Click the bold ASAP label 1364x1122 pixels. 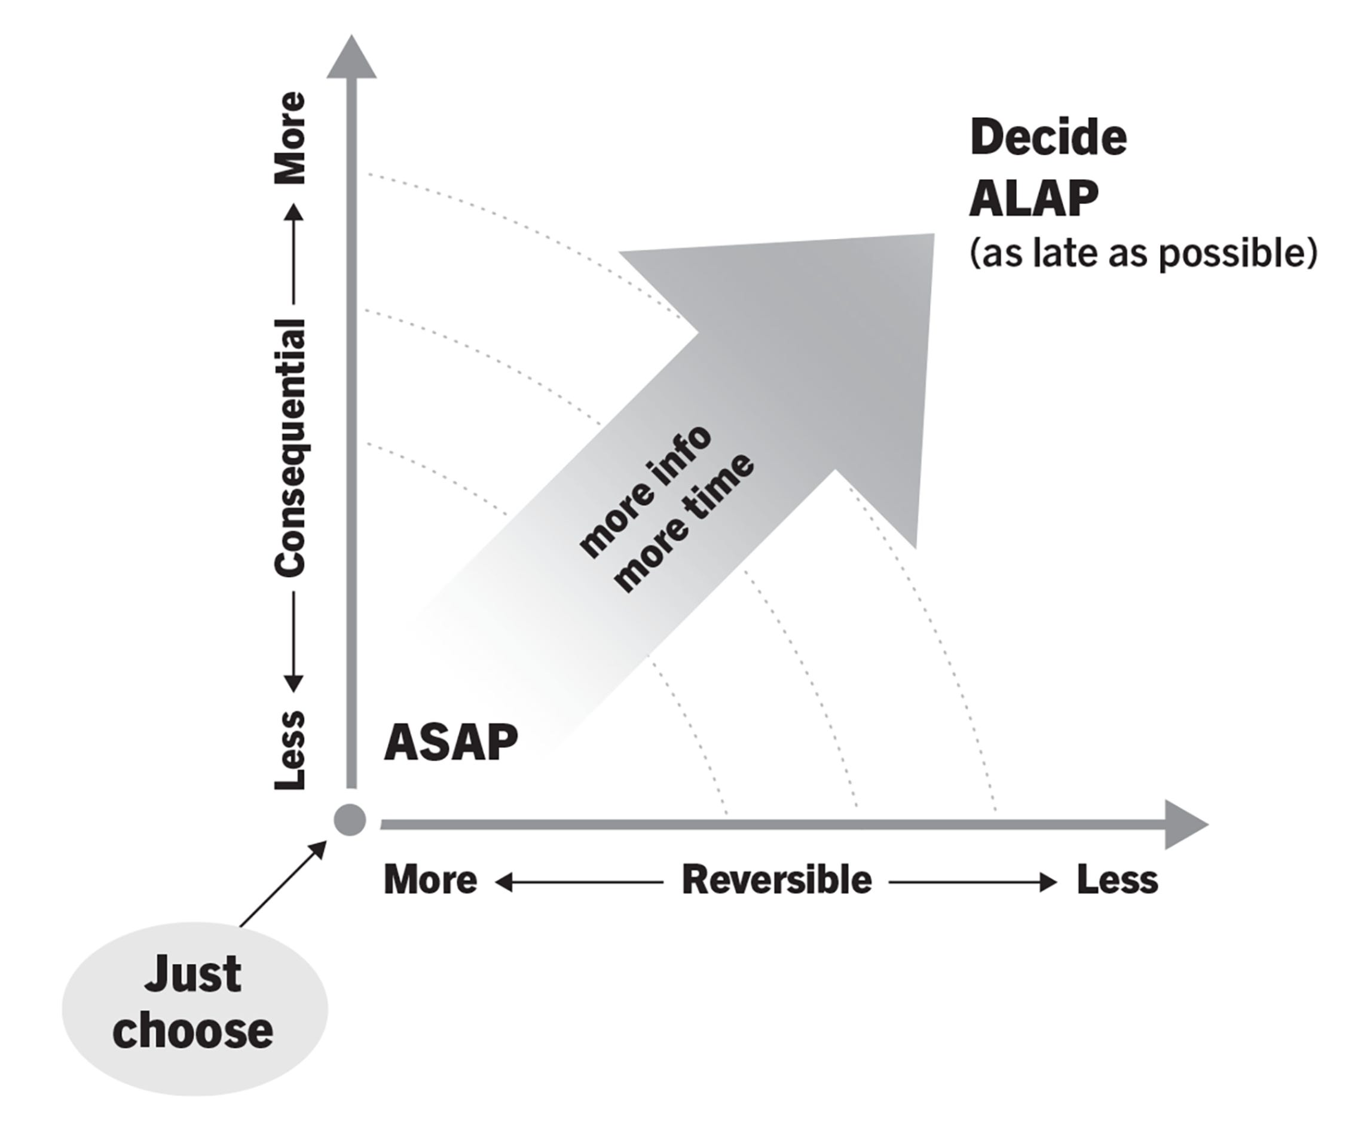(x=451, y=743)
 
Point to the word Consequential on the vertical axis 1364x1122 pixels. (x=290, y=447)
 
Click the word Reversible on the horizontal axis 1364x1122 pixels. (x=776, y=880)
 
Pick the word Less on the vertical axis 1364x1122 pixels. (x=290, y=750)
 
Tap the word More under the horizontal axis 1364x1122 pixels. (x=430, y=880)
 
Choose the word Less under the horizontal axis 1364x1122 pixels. (x=1117, y=880)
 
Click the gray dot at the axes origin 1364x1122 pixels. (x=350, y=820)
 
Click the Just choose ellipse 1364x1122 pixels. (x=194, y=1008)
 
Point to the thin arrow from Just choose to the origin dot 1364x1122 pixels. (x=283, y=884)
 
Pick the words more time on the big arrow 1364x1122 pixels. (x=684, y=523)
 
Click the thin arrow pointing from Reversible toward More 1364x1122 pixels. (x=579, y=882)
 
